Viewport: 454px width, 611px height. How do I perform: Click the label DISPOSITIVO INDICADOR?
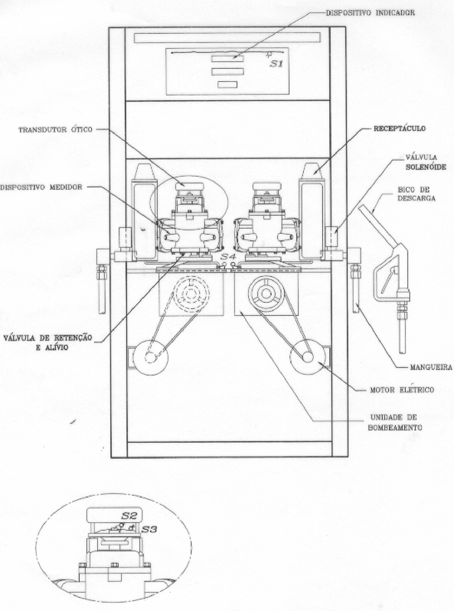pyautogui.click(x=370, y=13)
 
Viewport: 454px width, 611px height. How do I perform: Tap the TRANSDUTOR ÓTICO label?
pyautogui.click(x=55, y=129)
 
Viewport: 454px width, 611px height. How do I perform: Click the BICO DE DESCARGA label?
pyautogui.click(x=416, y=194)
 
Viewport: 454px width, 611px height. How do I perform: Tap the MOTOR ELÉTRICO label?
pyautogui.click(x=402, y=390)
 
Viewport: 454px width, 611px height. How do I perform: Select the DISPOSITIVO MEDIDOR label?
pyautogui.click(x=41, y=187)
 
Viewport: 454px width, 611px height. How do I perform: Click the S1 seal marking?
pyautogui.click(x=276, y=64)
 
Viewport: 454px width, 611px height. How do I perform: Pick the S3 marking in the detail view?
pyautogui.click(x=150, y=529)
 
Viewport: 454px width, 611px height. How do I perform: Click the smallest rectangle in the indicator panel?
pyautogui.click(x=227, y=85)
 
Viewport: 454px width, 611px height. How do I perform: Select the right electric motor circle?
pyautogui.click(x=307, y=357)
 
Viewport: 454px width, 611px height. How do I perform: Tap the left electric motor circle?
pyautogui.click(x=150, y=358)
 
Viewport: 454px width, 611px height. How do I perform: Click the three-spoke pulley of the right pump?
pyautogui.click(x=266, y=294)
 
